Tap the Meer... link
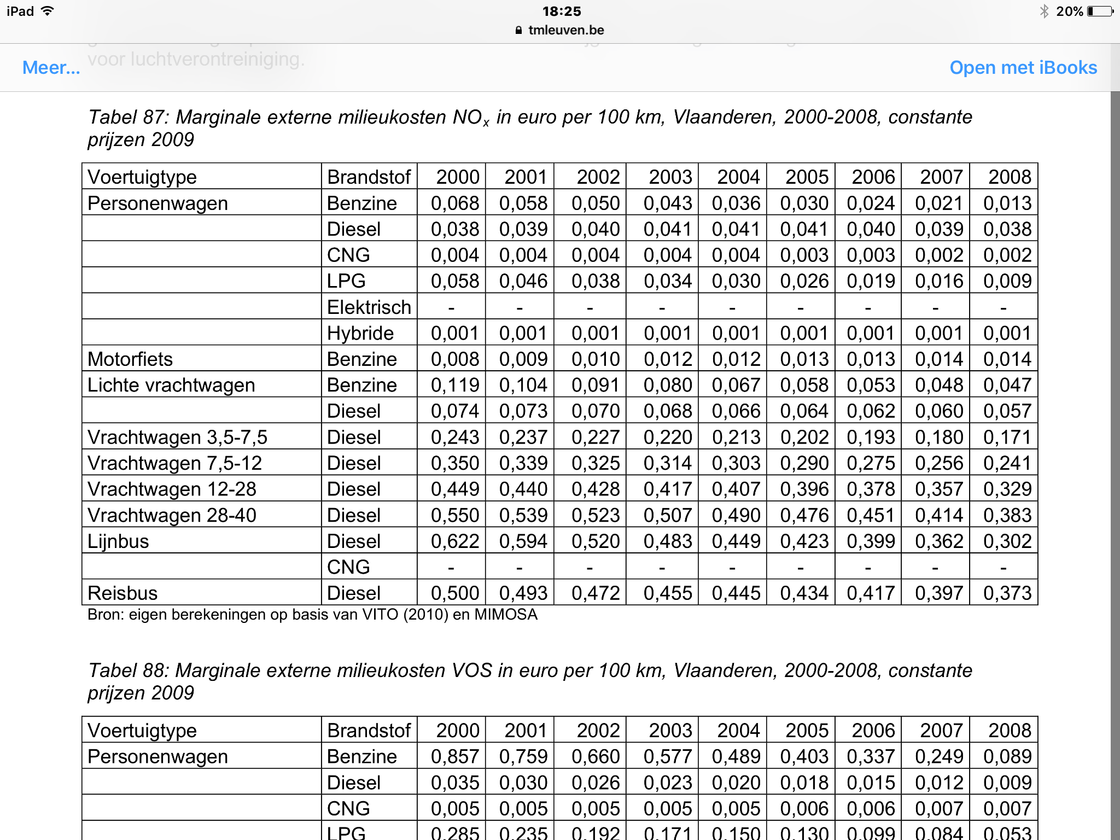tap(51, 68)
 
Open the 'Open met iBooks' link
tap(1023, 68)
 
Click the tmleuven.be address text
tap(566, 30)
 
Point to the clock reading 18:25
tap(562, 11)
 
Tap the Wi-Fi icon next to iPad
tap(48, 11)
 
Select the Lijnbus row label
tap(118, 541)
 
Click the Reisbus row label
tap(122, 593)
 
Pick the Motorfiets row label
tap(130, 359)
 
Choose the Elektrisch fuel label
tap(369, 307)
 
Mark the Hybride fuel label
tap(360, 334)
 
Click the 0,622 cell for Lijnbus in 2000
tap(454, 541)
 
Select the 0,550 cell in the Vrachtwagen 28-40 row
tap(454, 515)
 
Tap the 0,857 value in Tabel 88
tap(454, 756)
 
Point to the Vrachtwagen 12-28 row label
tap(172, 489)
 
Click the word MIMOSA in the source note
tap(506, 615)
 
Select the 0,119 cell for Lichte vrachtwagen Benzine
tap(454, 385)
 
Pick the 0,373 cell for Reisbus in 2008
tap(1007, 593)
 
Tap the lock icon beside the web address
tap(518, 31)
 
